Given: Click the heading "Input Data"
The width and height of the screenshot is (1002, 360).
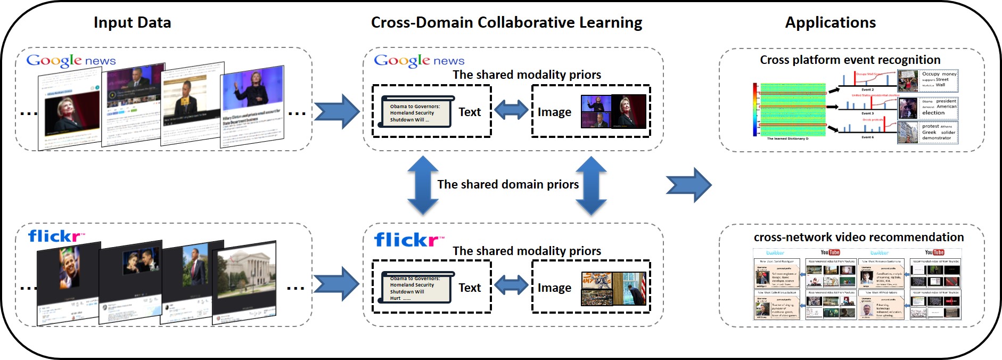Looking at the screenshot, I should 132,22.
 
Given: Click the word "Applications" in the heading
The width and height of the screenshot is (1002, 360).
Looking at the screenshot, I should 830,22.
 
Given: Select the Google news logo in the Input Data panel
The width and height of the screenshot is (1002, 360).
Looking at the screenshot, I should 71,61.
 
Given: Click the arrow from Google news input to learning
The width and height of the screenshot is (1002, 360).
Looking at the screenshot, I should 336,111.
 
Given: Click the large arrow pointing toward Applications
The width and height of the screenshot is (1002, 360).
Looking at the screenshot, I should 688,185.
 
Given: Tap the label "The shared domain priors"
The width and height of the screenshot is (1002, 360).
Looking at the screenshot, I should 508,184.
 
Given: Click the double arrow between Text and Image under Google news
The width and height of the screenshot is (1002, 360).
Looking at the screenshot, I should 511,111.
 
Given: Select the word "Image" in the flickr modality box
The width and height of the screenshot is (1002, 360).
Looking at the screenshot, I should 554,288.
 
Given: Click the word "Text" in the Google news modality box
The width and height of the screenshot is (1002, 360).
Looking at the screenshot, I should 470,112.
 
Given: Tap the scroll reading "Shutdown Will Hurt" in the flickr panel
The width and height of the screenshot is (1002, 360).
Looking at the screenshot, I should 416,288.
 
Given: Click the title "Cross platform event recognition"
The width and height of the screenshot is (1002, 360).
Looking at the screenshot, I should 850,60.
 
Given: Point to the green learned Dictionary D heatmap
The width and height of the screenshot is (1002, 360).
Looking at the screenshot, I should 792,109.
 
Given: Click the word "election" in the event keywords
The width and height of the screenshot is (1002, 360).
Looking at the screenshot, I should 933,113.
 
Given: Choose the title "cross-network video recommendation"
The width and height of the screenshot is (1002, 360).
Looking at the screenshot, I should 858,237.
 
